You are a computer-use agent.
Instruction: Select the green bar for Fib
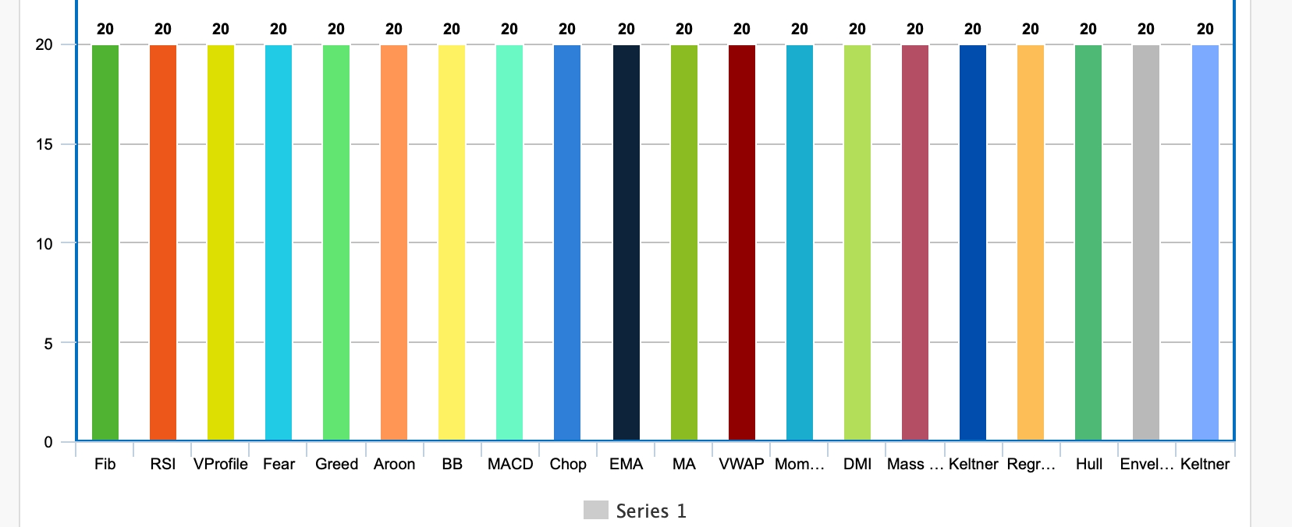tap(105, 242)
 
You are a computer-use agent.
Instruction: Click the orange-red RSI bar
tap(163, 242)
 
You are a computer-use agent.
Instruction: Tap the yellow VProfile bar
tap(221, 242)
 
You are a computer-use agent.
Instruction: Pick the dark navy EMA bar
tap(626, 242)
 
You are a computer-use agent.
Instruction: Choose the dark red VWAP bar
tap(742, 242)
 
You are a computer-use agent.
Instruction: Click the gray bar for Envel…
tap(1146, 242)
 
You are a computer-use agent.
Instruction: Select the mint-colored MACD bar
tap(509, 242)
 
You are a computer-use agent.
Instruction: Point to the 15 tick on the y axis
tap(44, 144)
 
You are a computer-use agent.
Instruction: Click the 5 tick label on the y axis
tap(48, 343)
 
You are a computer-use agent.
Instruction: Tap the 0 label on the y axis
tap(48, 442)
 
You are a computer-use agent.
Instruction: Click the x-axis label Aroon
tap(394, 464)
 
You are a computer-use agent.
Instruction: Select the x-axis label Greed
tap(336, 464)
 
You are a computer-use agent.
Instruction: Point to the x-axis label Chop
tap(568, 464)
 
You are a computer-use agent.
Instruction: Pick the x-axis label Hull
tap(1088, 464)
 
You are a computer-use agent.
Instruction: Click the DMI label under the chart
tap(857, 464)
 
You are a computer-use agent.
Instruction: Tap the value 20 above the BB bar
tap(452, 29)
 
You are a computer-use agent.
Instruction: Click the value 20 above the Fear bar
tap(279, 29)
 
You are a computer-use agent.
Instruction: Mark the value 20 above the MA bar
tap(684, 29)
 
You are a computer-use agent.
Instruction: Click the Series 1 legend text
tap(651, 511)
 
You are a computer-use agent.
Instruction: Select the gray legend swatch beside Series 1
tap(595, 510)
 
